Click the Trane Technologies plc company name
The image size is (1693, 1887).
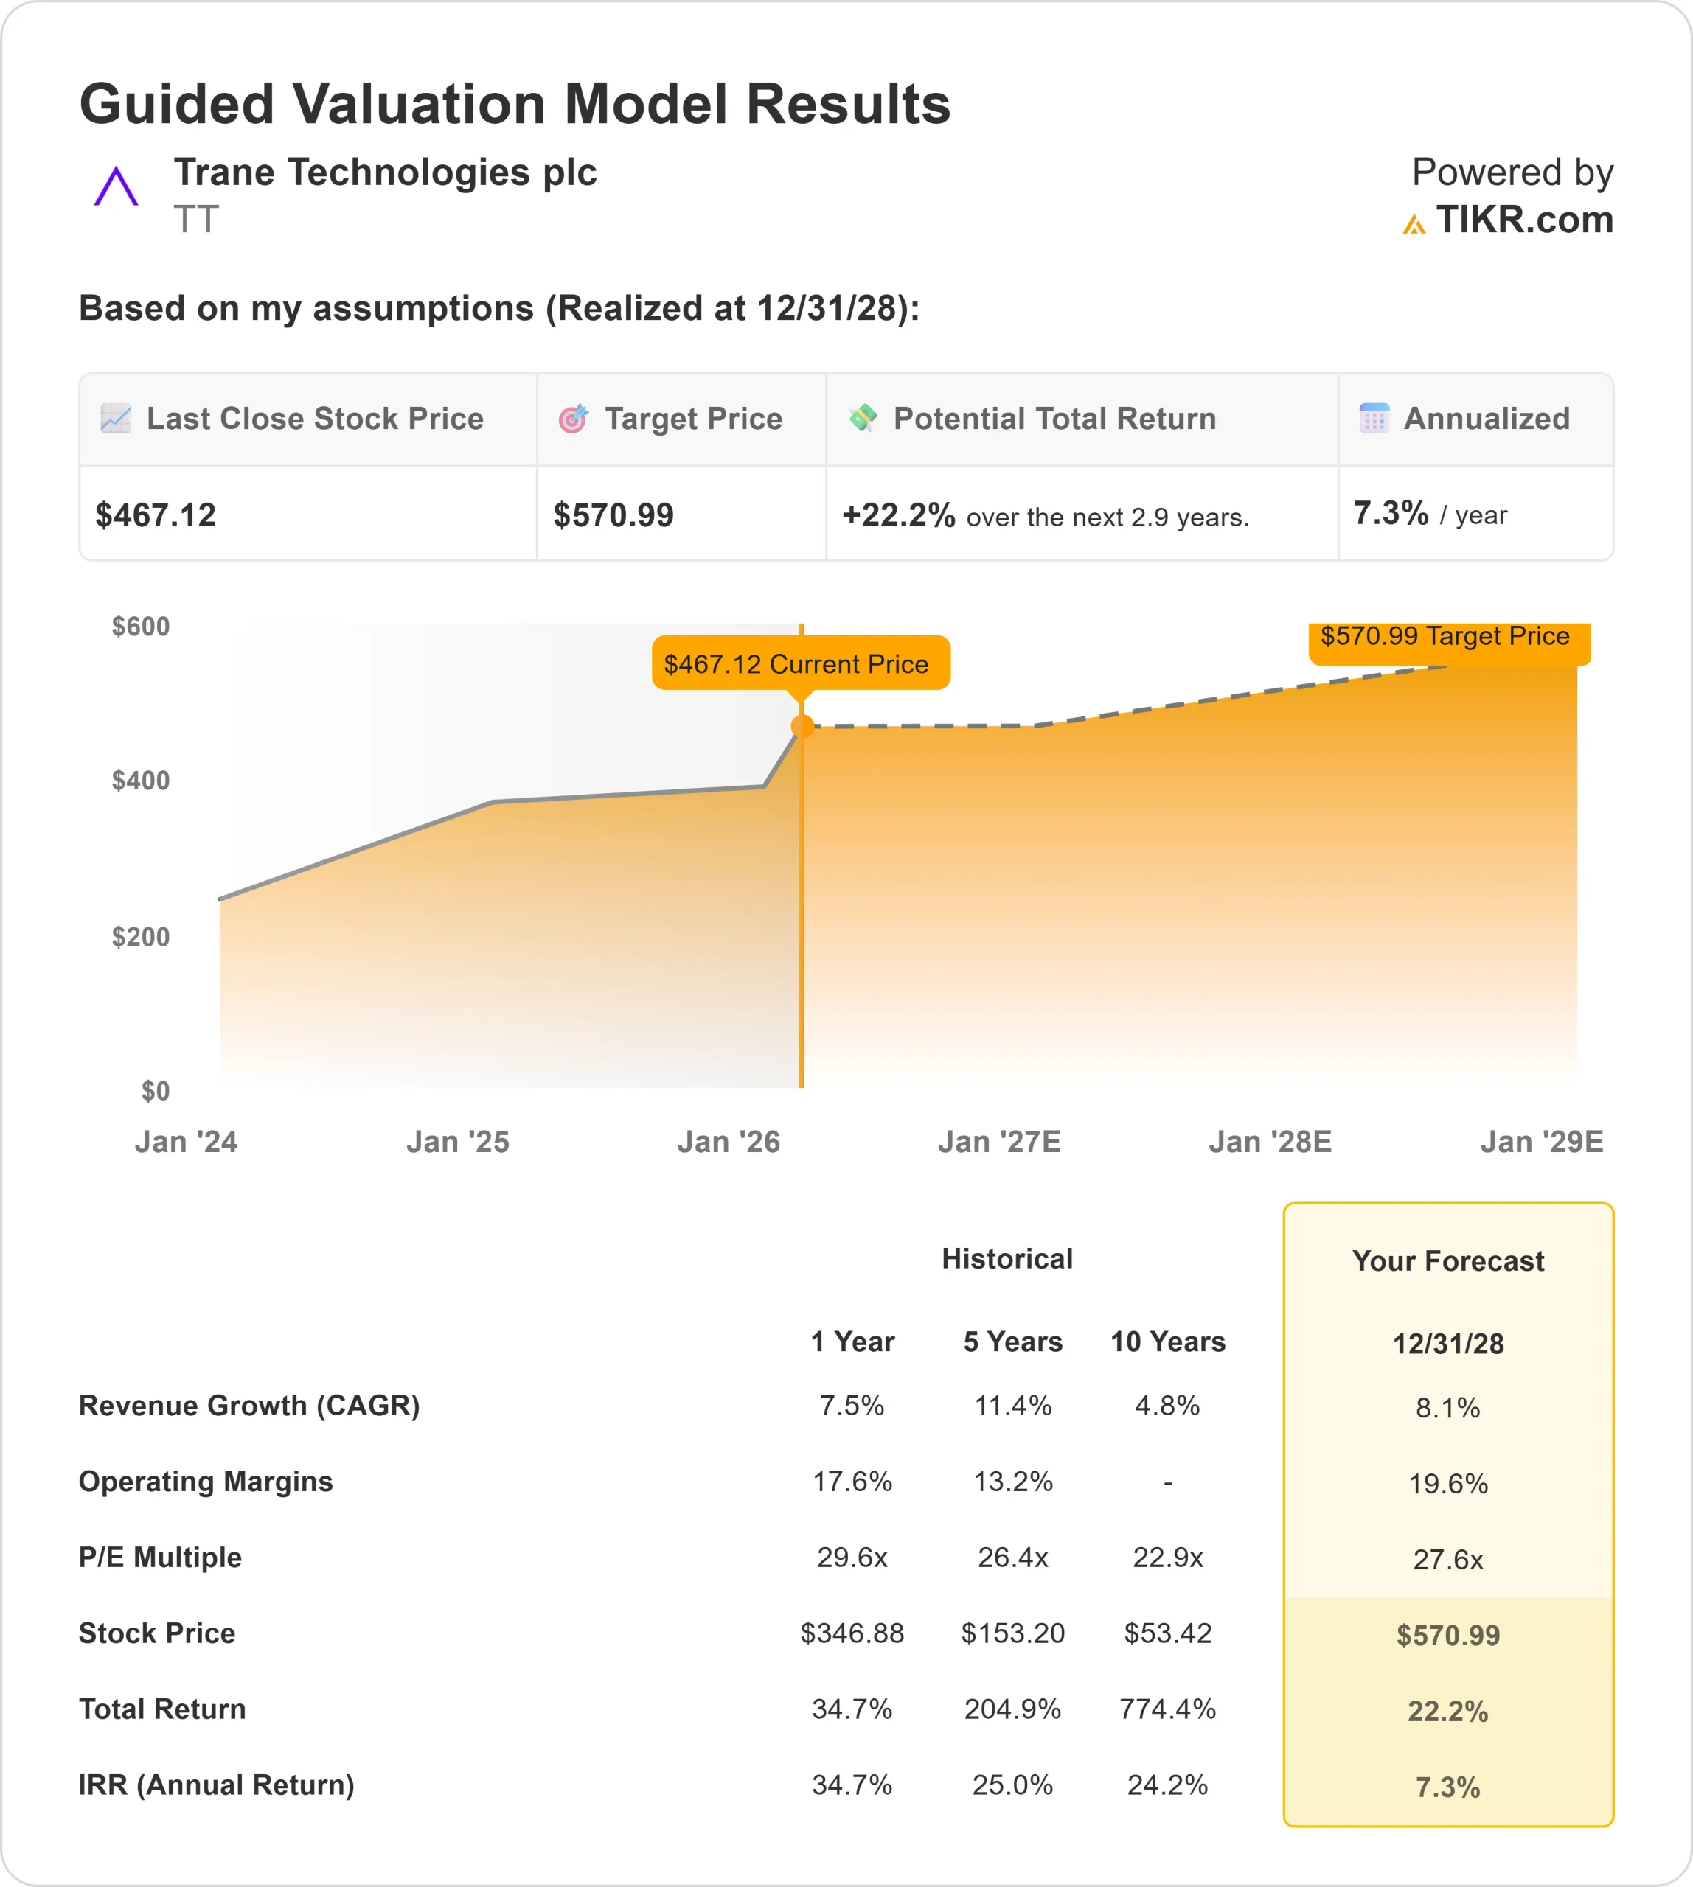pyautogui.click(x=385, y=173)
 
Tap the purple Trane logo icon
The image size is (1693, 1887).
pyautogui.click(x=117, y=187)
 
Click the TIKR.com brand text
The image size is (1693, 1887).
pyautogui.click(x=1523, y=220)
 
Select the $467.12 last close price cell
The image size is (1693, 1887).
pyautogui.click(x=156, y=515)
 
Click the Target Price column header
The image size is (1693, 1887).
pyautogui.click(x=693, y=419)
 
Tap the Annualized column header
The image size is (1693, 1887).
pyautogui.click(x=1486, y=419)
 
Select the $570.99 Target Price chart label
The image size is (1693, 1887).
pyautogui.click(x=1445, y=637)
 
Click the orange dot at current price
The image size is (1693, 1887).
pyautogui.click(x=802, y=726)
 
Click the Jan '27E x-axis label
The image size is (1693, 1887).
pyautogui.click(x=999, y=1142)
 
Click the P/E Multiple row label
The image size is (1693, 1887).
pyautogui.click(x=160, y=1557)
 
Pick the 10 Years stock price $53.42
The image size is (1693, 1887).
pyautogui.click(x=1167, y=1633)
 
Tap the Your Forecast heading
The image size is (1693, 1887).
pyautogui.click(x=1447, y=1261)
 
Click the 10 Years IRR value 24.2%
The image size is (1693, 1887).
pyautogui.click(x=1167, y=1785)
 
